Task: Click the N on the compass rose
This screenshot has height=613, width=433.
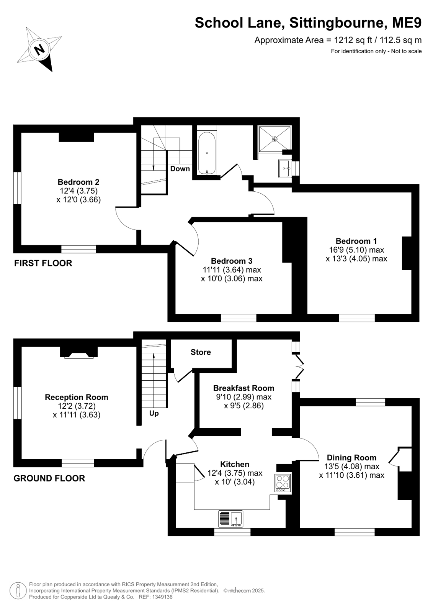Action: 40,49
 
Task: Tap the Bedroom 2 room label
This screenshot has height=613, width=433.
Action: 78,182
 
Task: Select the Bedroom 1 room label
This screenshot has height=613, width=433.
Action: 356,241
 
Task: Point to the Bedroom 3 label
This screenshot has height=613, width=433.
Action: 232,261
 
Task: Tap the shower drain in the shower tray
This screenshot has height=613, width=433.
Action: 275,139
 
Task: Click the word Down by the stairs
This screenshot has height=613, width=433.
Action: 180,169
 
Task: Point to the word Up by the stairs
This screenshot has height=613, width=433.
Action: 154,413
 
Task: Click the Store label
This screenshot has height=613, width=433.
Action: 201,352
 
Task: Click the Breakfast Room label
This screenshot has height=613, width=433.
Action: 243,388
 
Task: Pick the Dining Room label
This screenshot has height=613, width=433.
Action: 351,458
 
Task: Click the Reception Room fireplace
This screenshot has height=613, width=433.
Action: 79,352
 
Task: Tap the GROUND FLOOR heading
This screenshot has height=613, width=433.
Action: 49,478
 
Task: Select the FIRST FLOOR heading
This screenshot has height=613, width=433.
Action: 43,263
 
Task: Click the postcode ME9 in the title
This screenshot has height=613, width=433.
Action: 407,23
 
